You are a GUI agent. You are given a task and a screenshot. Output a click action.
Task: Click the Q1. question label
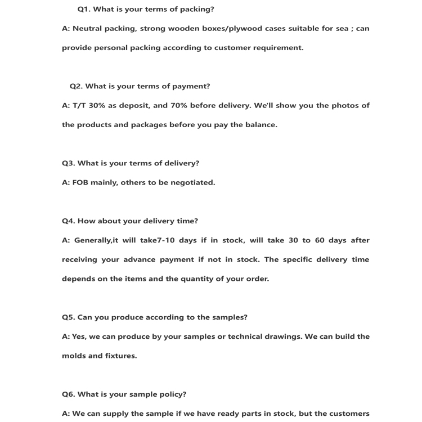coord(84,9)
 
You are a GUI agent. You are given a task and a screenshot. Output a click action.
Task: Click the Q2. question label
coord(76,86)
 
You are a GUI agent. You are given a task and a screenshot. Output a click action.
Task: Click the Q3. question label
coord(68,163)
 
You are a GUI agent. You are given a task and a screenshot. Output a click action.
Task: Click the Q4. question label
coord(68,221)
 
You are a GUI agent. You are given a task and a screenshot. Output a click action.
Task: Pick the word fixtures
coord(120,356)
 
